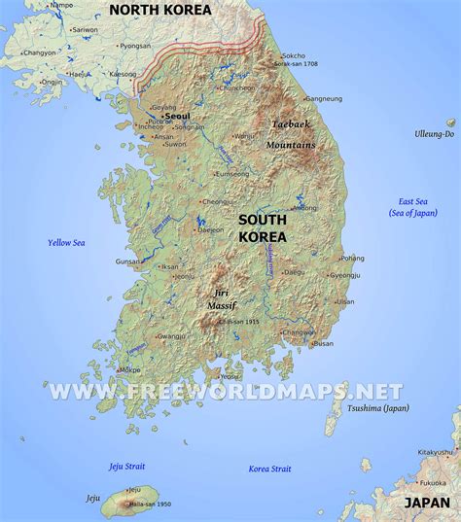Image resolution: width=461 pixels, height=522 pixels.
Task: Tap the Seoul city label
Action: click(x=177, y=116)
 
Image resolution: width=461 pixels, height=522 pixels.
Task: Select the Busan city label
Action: click(x=323, y=343)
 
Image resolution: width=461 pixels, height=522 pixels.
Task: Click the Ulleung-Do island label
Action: click(x=434, y=133)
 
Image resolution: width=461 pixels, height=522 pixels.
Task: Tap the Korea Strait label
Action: click(x=269, y=441)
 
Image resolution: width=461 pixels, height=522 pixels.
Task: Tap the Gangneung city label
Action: click(x=324, y=98)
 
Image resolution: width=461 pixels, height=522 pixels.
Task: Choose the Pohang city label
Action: click(x=352, y=259)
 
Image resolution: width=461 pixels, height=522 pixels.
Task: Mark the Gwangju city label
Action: click(x=171, y=336)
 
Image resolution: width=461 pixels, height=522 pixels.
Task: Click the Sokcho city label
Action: click(x=294, y=56)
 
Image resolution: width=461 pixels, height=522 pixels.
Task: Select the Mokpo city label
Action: click(x=129, y=370)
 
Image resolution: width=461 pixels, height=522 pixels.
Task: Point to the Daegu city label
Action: click(x=294, y=273)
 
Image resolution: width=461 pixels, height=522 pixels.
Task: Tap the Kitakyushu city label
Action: click(x=435, y=452)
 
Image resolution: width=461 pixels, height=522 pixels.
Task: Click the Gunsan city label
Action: click(x=127, y=262)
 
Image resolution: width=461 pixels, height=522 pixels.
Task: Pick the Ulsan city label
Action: click(x=345, y=302)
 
